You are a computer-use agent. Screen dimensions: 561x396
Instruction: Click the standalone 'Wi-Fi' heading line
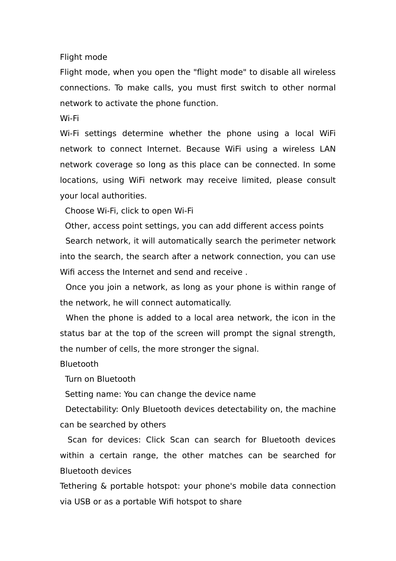coord(69,118)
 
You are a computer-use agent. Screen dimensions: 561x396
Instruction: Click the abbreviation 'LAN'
coord(327,149)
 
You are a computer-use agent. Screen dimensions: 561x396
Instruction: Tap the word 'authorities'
coord(126,196)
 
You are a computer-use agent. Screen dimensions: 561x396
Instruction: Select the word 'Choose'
coord(79,211)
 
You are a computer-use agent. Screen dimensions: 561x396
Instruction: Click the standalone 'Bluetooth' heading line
coord(79,364)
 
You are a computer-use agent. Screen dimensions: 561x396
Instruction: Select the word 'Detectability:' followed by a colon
coord(92,409)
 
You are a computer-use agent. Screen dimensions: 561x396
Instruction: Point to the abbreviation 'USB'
coord(82,502)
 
